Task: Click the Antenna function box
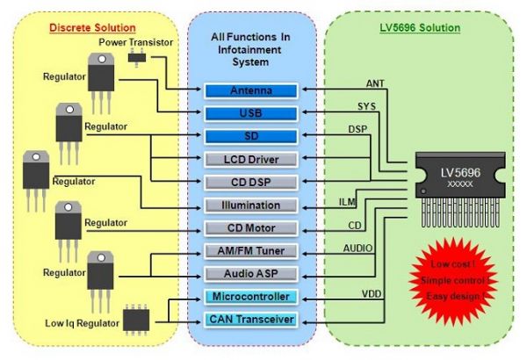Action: click(250, 90)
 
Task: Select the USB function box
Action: click(250, 113)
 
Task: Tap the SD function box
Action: click(250, 136)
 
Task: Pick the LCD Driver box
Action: click(250, 160)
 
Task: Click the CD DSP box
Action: click(250, 183)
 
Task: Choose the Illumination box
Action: click(250, 205)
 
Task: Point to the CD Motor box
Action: click(250, 228)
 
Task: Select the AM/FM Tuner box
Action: click(250, 251)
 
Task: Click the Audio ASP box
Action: click(250, 273)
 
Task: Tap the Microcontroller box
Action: click(250, 297)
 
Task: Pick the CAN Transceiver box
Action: click(250, 319)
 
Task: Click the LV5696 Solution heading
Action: click(420, 27)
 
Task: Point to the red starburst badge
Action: click(447, 278)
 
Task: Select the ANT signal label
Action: click(375, 83)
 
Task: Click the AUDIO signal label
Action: click(358, 248)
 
